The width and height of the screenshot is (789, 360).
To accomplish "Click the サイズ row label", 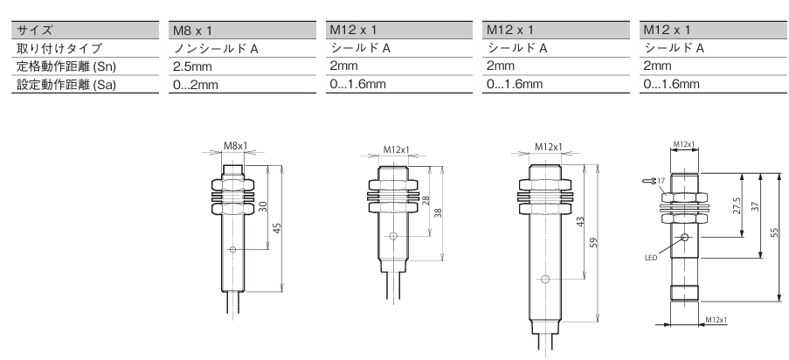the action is click(x=35, y=31).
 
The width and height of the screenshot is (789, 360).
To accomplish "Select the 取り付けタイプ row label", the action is click(x=59, y=48).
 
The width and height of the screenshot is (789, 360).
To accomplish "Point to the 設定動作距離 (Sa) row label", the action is click(x=66, y=85).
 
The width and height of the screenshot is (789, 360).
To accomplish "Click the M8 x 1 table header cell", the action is click(x=193, y=31).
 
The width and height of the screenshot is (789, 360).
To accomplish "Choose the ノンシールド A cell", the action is click(x=216, y=48).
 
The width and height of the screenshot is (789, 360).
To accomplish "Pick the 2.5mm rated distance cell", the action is click(x=192, y=66).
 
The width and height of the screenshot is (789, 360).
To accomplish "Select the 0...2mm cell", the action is click(x=196, y=85).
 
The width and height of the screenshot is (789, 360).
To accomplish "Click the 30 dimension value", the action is click(x=263, y=206).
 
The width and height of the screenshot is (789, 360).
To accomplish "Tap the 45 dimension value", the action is click(x=276, y=228).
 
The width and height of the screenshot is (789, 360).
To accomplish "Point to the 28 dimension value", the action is click(x=426, y=201).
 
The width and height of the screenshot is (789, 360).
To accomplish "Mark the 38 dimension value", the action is click(x=438, y=212).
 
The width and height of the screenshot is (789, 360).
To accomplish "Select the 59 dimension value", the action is click(x=593, y=243).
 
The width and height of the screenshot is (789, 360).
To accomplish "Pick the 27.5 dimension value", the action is click(x=737, y=205).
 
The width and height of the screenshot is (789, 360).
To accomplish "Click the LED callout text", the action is click(x=651, y=258).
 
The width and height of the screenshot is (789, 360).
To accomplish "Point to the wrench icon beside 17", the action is click(x=648, y=181).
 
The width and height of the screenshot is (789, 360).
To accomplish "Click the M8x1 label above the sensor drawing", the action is click(x=236, y=146).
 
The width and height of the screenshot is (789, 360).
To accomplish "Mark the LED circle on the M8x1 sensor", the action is click(x=232, y=249).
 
